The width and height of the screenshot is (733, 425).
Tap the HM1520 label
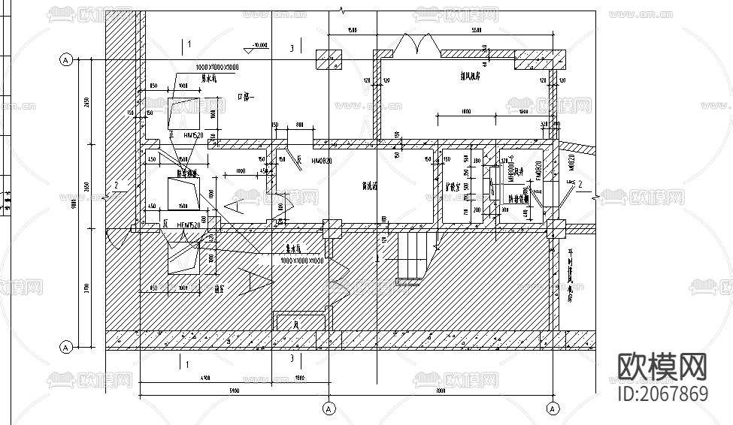(x=195, y=135)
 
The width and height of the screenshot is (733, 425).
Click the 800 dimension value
(x=299, y=125)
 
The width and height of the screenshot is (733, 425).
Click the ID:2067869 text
(x=662, y=394)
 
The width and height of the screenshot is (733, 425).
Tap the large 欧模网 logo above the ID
(x=662, y=366)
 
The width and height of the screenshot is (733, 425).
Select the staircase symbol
(x=411, y=256)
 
